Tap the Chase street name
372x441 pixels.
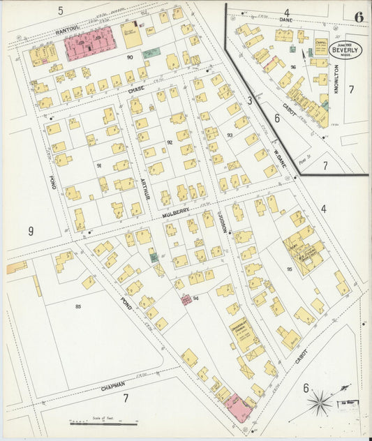(x=135, y=90)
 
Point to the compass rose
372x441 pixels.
(x=320, y=403)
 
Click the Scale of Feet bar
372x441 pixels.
(x=103, y=423)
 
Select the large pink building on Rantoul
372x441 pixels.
(x=89, y=45)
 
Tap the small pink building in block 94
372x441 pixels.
(x=186, y=300)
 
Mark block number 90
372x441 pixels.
(x=130, y=57)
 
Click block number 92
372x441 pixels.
(x=169, y=142)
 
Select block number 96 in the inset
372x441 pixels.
(x=294, y=68)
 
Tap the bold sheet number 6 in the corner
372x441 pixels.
(x=358, y=17)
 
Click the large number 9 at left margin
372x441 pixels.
(x=31, y=230)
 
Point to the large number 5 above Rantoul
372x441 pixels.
(x=61, y=10)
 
